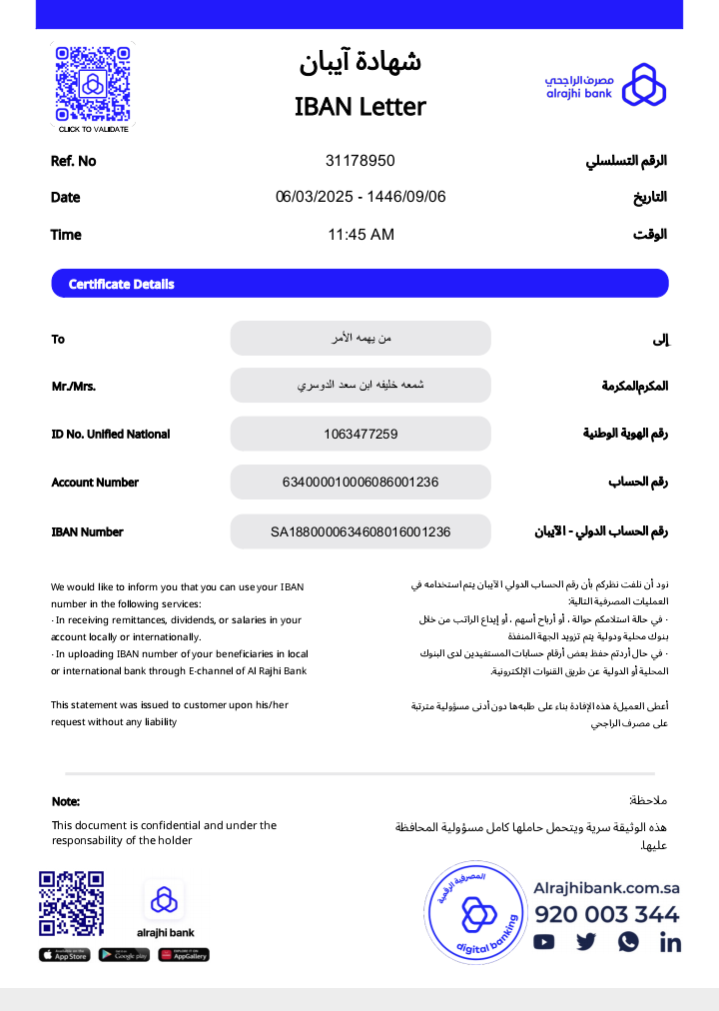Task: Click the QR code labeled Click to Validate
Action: click(x=92, y=84)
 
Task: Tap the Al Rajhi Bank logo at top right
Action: click(x=605, y=85)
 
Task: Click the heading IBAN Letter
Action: click(x=359, y=107)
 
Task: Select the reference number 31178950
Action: click(x=359, y=161)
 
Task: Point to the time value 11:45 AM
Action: click(x=360, y=235)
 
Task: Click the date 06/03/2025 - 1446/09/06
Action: click(x=360, y=197)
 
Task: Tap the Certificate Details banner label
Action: click(x=121, y=285)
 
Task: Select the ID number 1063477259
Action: click(x=360, y=434)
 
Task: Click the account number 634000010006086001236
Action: click(x=360, y=483)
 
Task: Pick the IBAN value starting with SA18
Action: click(x=360, y=531)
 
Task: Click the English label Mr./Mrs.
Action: click(x=73, y=387)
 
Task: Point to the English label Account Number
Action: click(x=95, y=483)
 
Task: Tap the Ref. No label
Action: click(x=73, y=161)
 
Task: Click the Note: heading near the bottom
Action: click(x=66, y=801)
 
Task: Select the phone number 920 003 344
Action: click(x=606, y=914)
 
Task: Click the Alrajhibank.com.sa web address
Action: click(x=606, y=888)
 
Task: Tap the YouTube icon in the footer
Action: click(x=544, y=941)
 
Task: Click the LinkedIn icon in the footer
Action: click(x=670, y=941)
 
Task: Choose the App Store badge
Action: click(x=64, y=955)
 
